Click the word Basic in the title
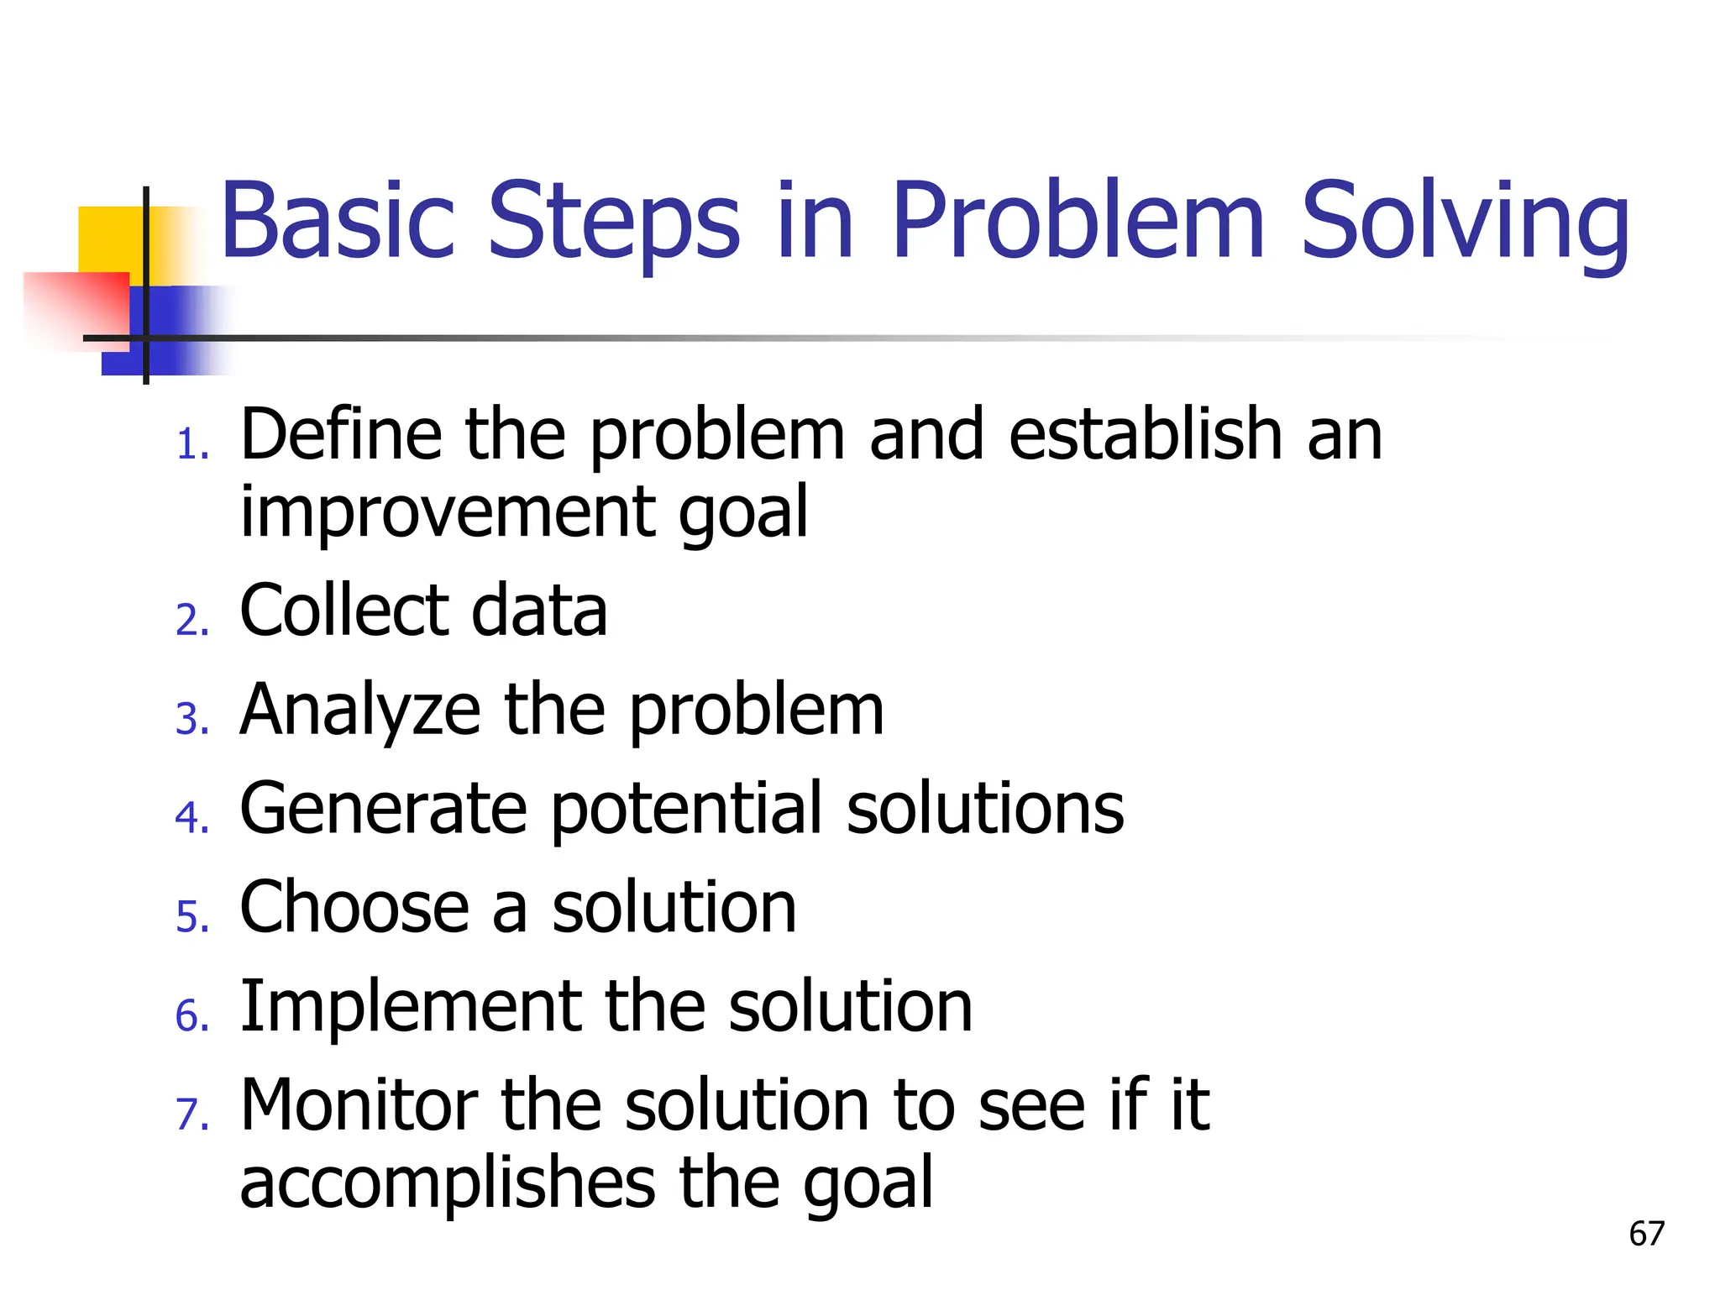(336, 222)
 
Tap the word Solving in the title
(1465, 222)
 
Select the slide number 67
(1646, 1234)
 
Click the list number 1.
(191, 444)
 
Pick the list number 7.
(191, 1114)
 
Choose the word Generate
(383, 808)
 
